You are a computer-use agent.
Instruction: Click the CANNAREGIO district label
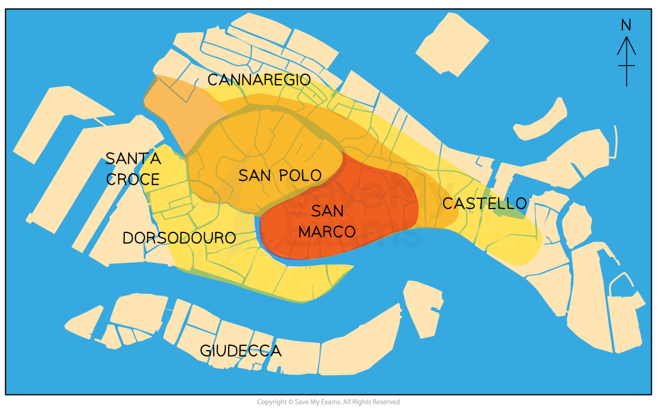[x=259, y=80]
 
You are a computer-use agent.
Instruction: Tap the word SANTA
[x=133, y=159]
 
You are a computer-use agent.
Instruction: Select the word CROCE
[x=133, y=179]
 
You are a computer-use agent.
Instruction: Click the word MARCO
[x=327, y=232]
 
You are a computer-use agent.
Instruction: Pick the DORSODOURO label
[x=179, y=238]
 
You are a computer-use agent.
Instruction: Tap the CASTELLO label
[x=484, y=204]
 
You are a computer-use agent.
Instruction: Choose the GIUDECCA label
[x=240, y=351]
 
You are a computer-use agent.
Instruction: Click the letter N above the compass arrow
[x=626, y=25]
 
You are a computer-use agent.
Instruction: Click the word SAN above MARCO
[x=327, y=211]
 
